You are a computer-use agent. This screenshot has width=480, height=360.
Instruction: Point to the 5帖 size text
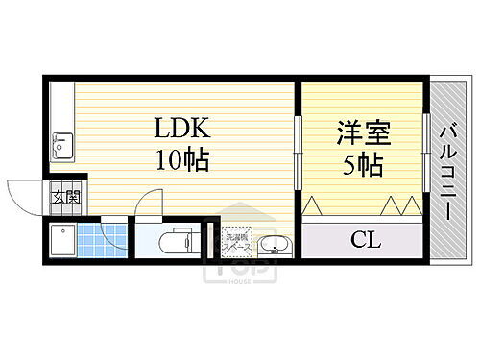click(x=363, y=164)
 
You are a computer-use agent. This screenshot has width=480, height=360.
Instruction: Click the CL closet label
click(x=366, y=239)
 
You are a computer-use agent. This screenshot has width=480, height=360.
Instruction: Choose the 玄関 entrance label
click(x=65, y=200)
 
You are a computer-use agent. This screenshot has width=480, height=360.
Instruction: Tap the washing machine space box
click(x=236, y=241)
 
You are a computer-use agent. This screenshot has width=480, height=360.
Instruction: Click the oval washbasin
click(x=276, y=247)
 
